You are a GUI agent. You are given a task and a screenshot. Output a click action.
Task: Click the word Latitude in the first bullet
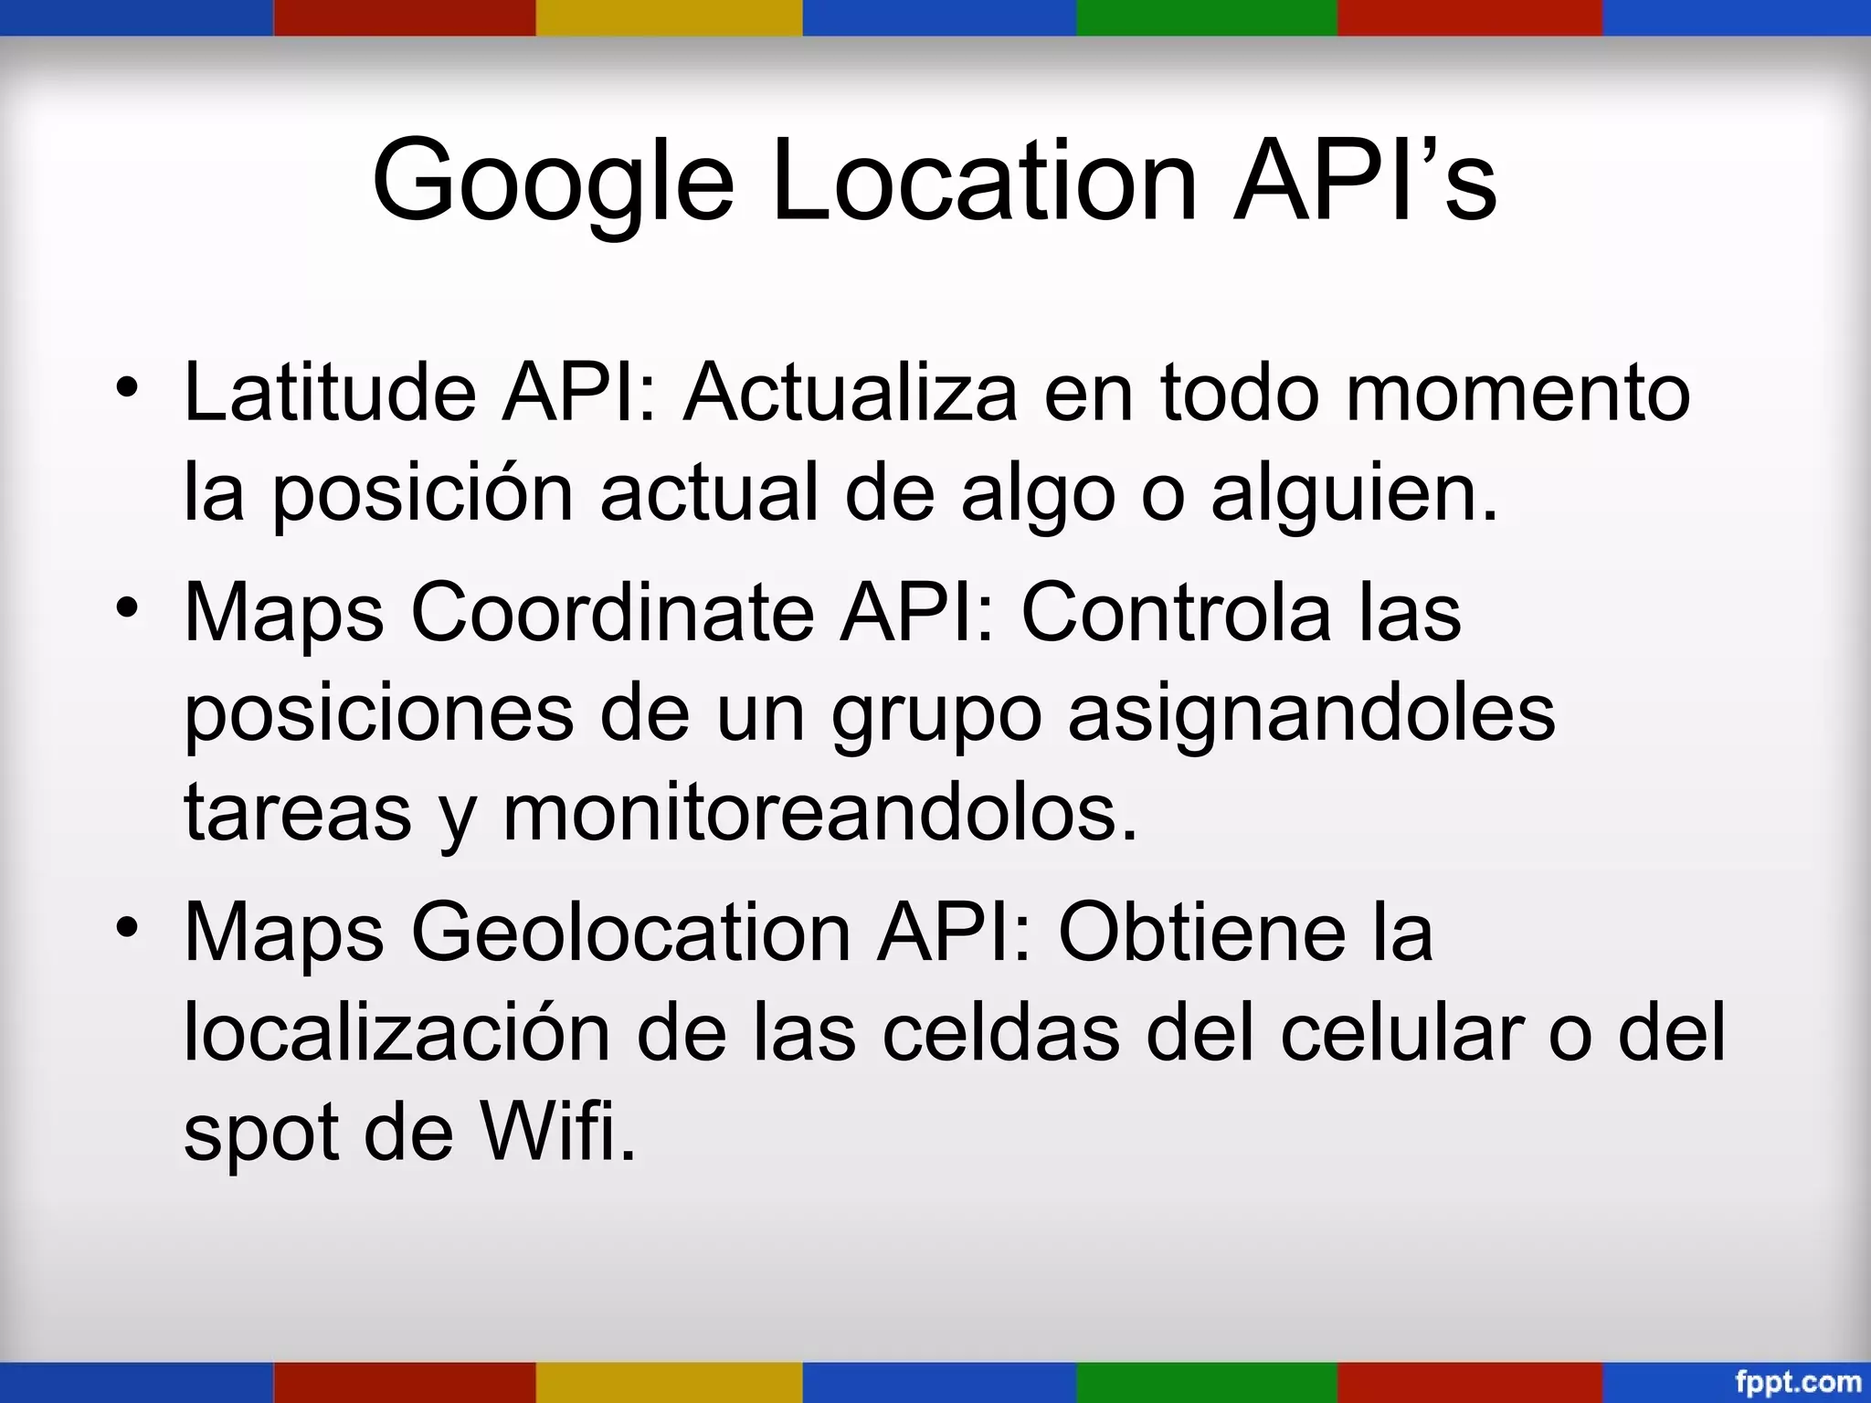[330, 393]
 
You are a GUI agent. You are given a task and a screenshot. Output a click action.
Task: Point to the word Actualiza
[851, 393]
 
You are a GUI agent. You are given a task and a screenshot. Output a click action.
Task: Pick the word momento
[1517, 393]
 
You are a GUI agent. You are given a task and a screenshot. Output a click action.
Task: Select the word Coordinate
[612, 612]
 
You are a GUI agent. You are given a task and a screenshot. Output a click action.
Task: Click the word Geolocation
[631, 932]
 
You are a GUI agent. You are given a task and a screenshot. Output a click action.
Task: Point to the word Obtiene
[1201, 932]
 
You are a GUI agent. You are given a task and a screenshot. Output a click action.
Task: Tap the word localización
[396, 1032]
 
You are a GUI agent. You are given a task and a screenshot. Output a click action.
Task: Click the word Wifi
[558, 1133]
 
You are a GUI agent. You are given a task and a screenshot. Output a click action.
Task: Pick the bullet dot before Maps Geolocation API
[127, 927]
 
